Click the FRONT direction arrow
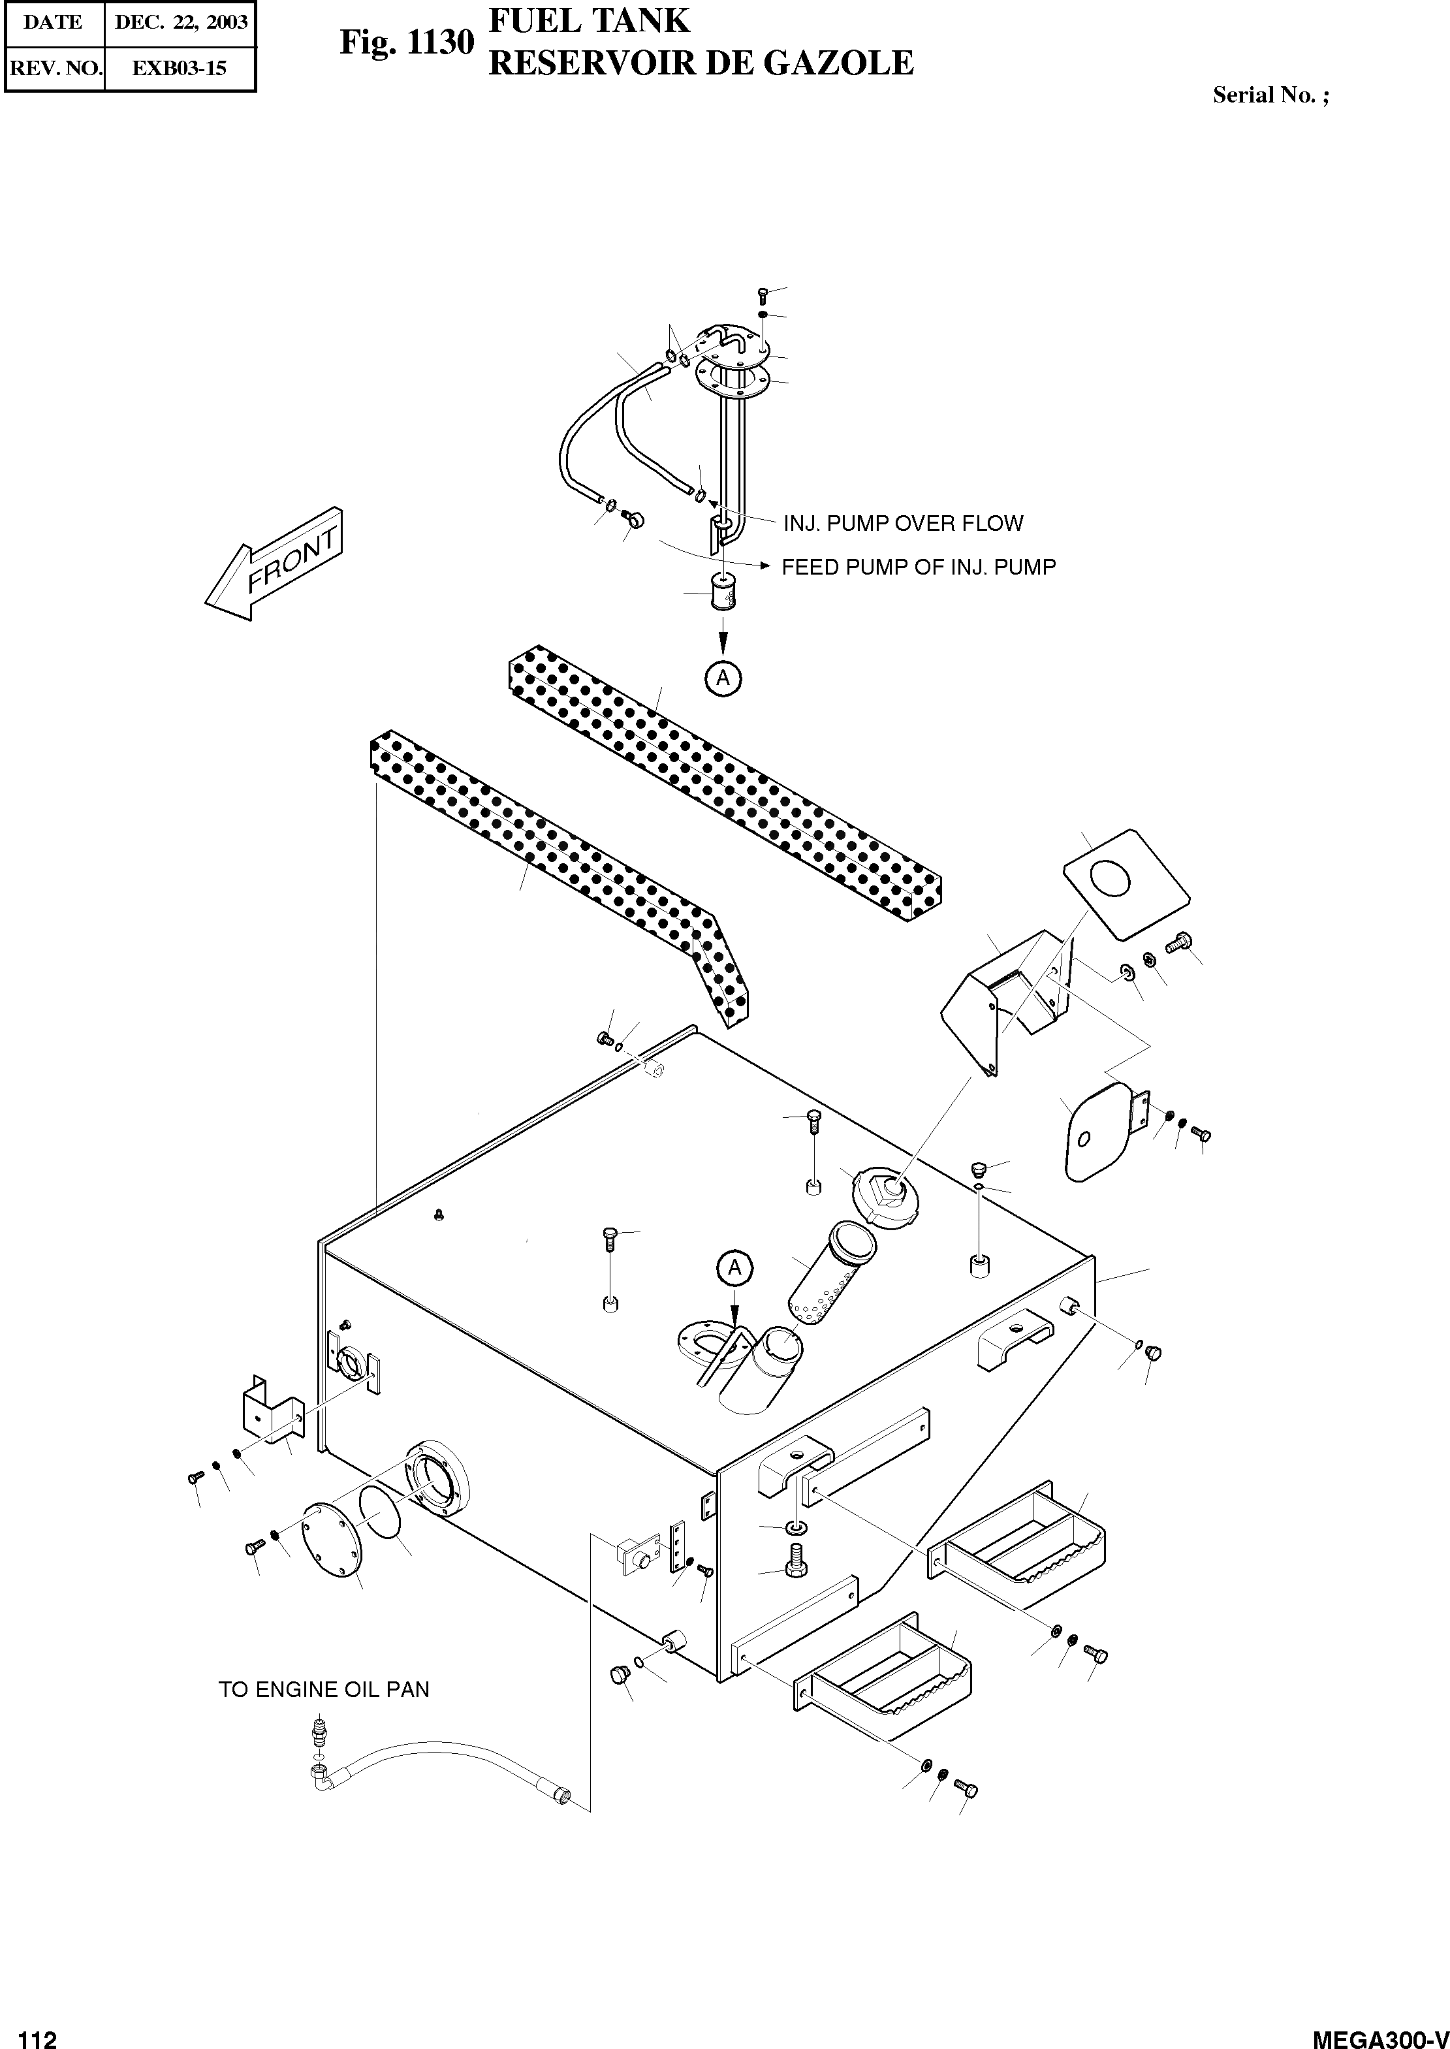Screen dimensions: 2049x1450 point(272,565)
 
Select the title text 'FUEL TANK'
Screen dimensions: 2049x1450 point(590,20)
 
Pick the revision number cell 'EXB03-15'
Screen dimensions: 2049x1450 point(180,68)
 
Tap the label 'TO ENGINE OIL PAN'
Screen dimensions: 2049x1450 point(324,1689)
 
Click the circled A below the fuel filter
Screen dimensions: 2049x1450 point(723,678)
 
